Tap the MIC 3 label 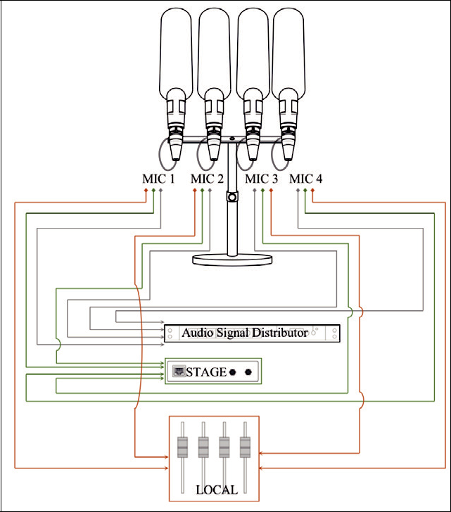tap(261, 179)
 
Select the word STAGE tap(208, 372)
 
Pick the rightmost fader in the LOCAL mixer tap(245, 447)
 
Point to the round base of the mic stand tap(232, 260)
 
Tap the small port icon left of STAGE tap(179, 372)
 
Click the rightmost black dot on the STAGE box tap(248, 372)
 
